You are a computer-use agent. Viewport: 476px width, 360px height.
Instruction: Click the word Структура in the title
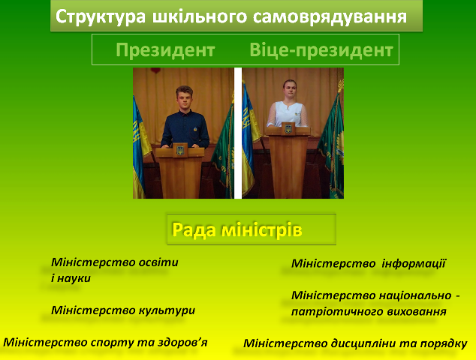pyautogui.click(x=100, y=17)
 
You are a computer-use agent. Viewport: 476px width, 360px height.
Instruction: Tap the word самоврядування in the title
pyautogui.click(x=330, y=17)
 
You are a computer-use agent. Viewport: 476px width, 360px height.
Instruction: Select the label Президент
pyautogui.click(x=165, y=50)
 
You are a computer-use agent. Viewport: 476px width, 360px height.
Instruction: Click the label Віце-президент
pyautogui.click(x=321, y=50)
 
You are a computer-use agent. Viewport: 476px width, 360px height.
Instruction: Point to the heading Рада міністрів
pyautogui.click(x=237, y=229)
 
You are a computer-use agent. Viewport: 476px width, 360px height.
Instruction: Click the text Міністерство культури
pyautogui.click(x=123, y=310)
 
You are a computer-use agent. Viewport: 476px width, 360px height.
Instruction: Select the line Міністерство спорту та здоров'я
pyautogui.click(x=105, y=343)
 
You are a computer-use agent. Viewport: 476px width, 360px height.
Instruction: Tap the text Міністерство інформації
pyautogui.click(x=369, y=263)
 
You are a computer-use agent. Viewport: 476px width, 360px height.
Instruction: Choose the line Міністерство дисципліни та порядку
pyautogui.click(x=355, y=343)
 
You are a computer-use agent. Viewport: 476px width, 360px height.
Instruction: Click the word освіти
pyautogui.click(x=158, y=262)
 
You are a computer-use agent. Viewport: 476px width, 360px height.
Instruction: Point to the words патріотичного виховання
pyautogui.click(x=369, y=312)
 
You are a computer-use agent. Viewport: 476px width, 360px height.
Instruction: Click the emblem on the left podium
pyautogui.click(x=180, y=151)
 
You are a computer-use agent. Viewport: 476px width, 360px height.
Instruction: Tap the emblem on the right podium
pyautogui.click(x=288, y=129)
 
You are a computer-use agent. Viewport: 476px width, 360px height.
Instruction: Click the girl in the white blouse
pyautogui.click(x=288, y=103)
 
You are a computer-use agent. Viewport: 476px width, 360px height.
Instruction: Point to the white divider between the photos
pyautogui.click(x=238, y=133)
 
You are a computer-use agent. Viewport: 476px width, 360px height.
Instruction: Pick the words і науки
pyautogui.click(x=71, y=278)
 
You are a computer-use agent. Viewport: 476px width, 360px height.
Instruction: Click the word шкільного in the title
pyautogui.click(x=200, y=17)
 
